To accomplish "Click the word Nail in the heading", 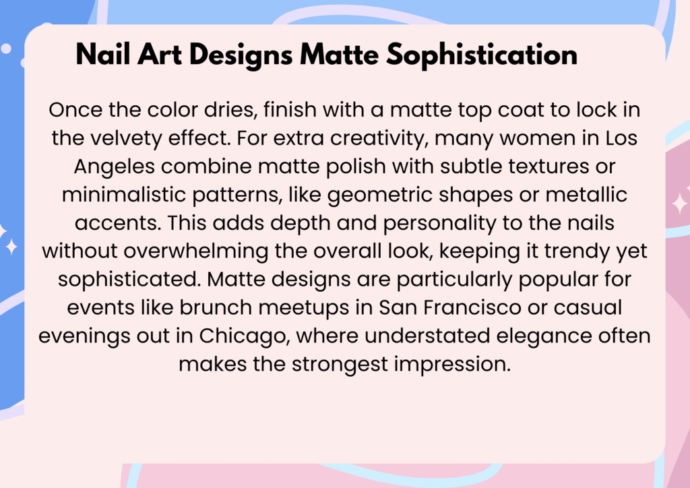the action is click(x=103, y=55).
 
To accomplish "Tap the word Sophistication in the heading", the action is click(x=482, y=55).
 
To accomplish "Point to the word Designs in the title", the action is click(x=241, y=55).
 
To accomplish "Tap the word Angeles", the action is click(x=115, y=167).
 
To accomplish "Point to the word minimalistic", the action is click(x=124, y=195).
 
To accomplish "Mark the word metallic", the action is click(x=586, y=195).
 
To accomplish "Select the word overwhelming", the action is click(x=196, y=251).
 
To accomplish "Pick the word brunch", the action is click(x=216, y=307).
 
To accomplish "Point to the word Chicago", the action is click(x=244, y=336).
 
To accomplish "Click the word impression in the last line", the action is click(x=452, y=365).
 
